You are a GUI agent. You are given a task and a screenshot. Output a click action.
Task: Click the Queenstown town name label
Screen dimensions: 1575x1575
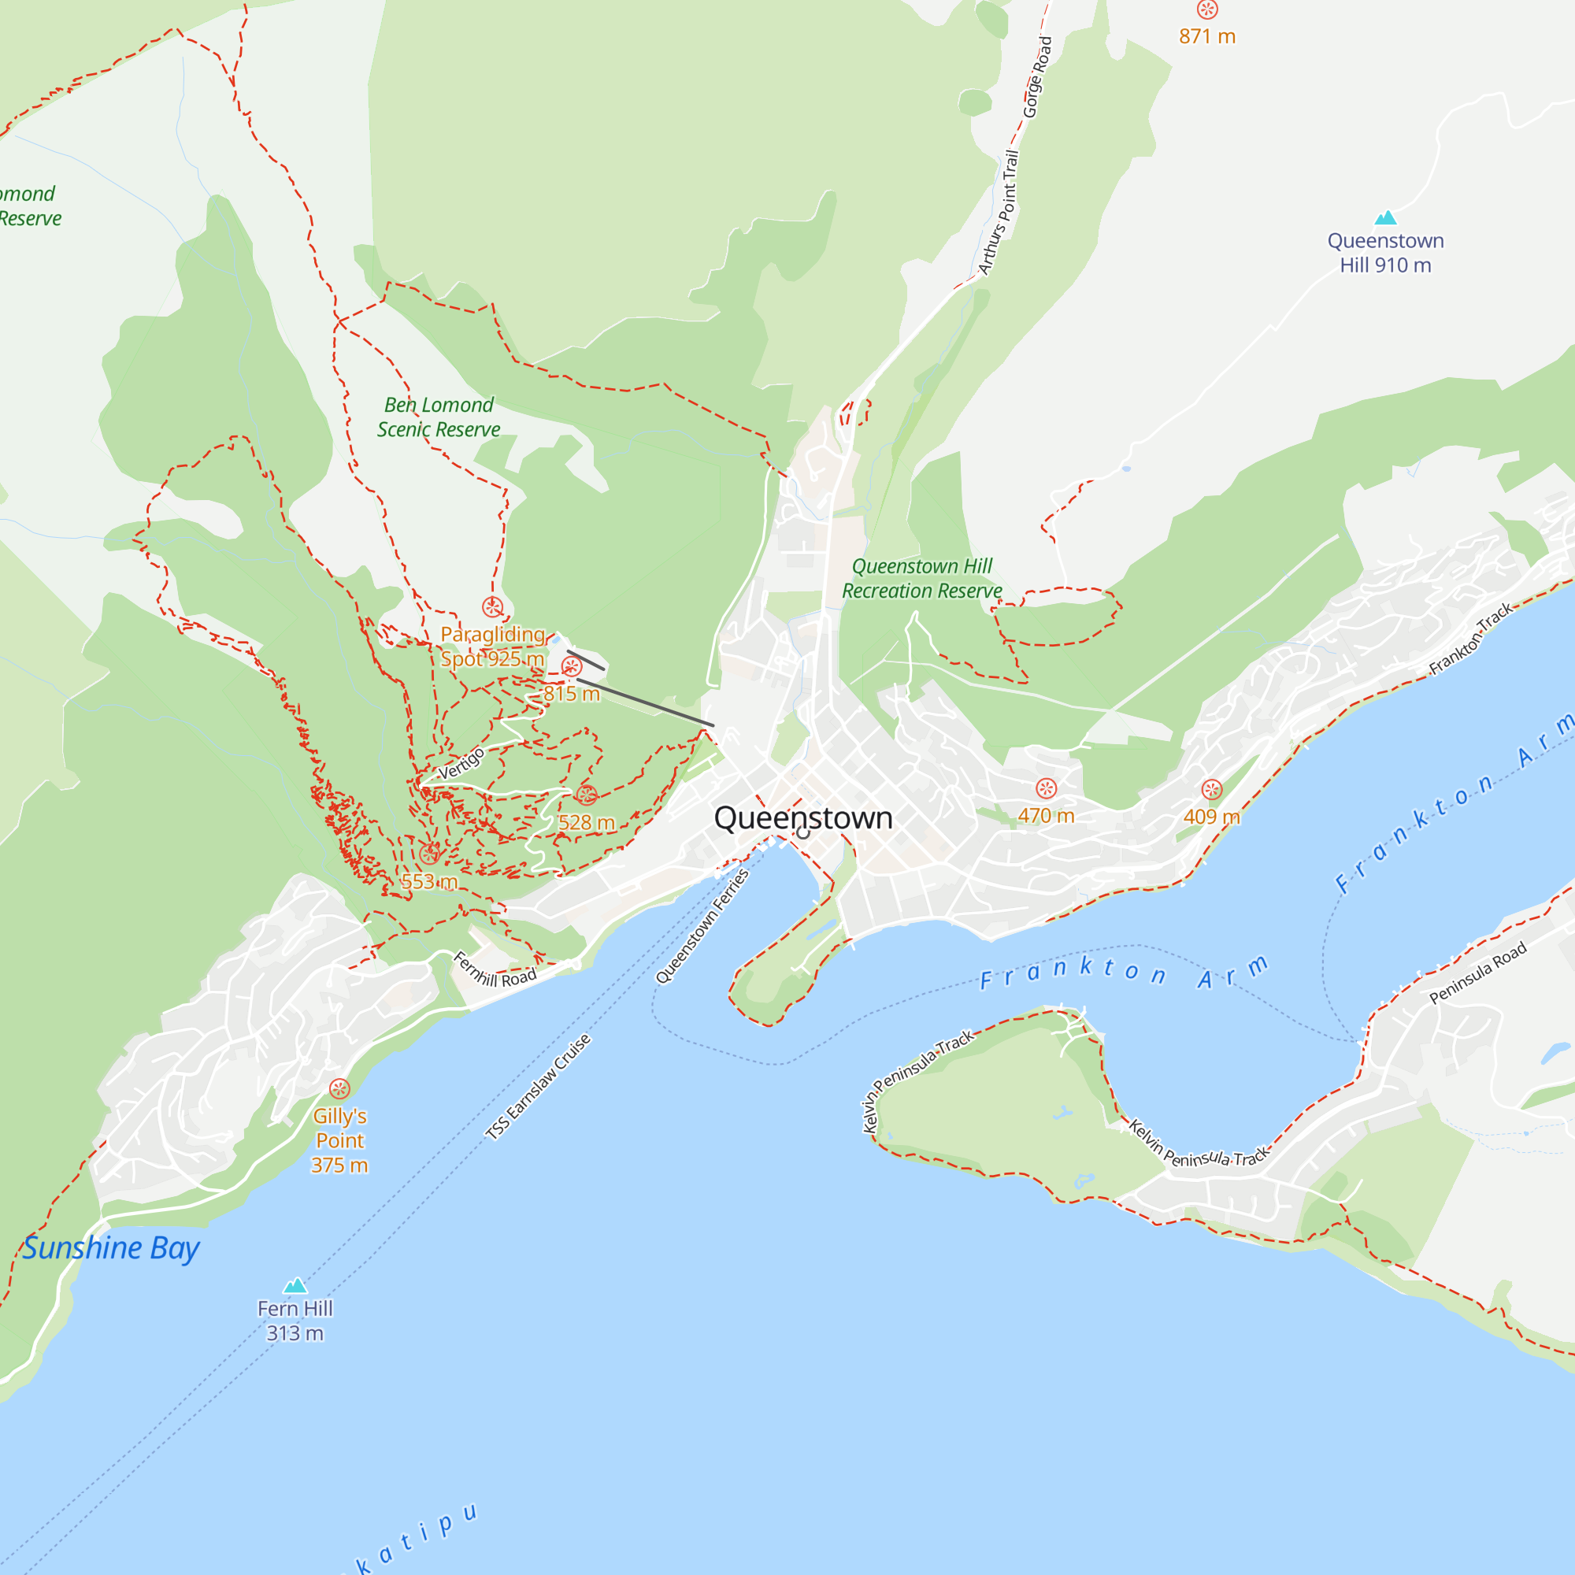point(803,817)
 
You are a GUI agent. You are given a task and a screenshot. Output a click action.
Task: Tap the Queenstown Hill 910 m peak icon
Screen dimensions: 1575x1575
point(1386,217)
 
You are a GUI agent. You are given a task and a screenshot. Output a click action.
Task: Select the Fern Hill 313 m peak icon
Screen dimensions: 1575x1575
point(295,1286)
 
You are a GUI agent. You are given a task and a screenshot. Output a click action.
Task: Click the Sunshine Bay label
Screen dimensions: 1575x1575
point(110,1248)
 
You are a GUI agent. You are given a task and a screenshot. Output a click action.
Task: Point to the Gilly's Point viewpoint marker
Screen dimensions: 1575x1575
point(339,1088)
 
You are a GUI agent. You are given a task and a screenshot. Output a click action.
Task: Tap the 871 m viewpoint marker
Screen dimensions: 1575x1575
point(1207,9)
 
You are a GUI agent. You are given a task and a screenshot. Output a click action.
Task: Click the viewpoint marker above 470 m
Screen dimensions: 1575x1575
point(1046,788)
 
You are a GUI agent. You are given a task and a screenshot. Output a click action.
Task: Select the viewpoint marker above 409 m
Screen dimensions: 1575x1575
point(1211,789)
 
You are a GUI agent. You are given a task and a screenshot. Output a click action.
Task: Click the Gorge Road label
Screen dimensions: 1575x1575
point(1038,76)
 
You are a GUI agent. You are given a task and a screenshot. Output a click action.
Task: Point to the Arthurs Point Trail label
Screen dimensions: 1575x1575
point(999,212)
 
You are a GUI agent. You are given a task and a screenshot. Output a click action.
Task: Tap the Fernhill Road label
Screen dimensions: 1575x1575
point(495,969)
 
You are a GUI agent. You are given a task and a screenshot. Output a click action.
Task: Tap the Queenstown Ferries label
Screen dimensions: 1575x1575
point(702,926)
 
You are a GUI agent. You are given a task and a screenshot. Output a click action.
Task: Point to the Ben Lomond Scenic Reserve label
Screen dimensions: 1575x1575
point(439,417)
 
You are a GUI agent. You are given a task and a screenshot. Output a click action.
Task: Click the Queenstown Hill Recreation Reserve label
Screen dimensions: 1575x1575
point(922,578)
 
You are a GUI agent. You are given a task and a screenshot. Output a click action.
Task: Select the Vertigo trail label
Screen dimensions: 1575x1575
point(461,763)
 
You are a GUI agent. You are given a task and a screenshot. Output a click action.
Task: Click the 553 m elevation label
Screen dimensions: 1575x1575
point(429,881)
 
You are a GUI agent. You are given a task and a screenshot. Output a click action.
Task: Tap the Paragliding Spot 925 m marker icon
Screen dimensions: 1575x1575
point(492,606)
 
